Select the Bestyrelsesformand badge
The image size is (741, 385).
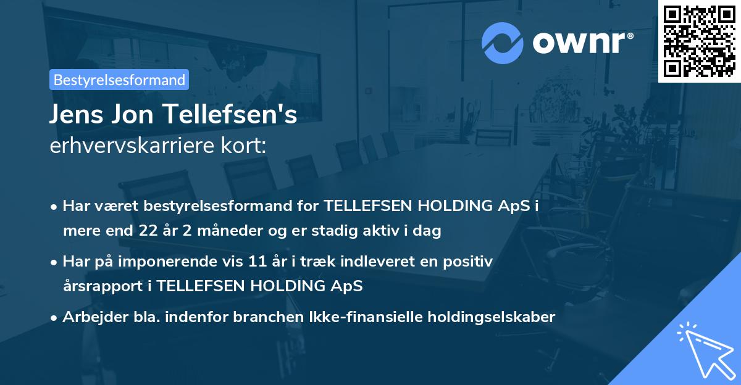pos(119,80)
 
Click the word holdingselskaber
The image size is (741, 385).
pos(485,317)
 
